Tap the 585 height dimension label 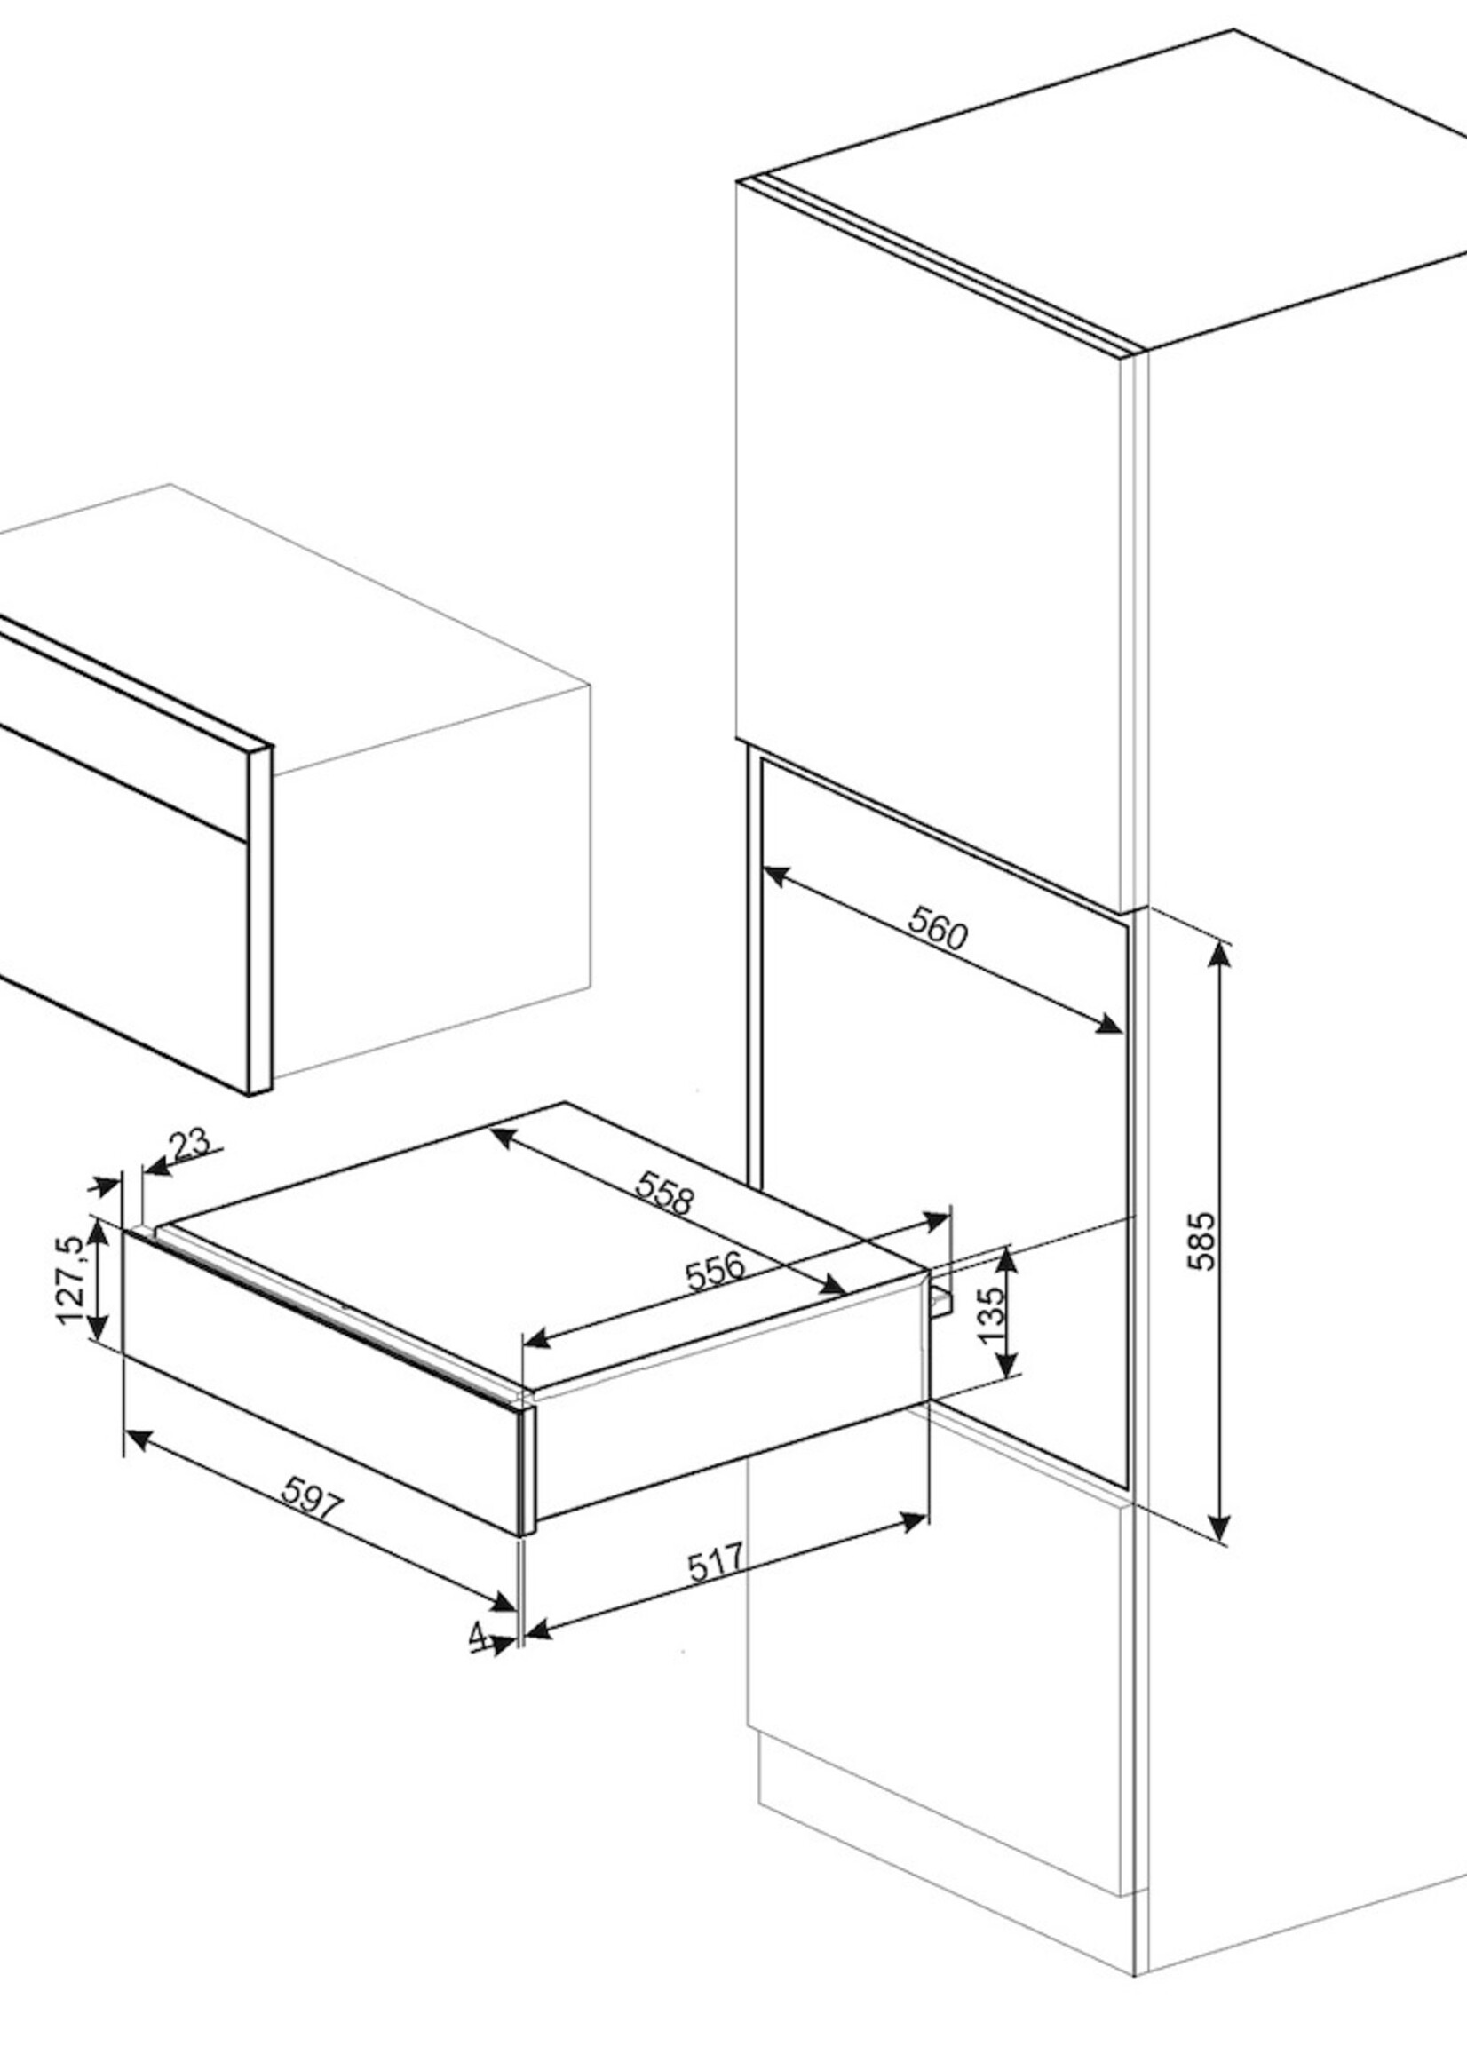1202,1241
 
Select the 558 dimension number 664,1194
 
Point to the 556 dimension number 716,1271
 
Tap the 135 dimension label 991,1312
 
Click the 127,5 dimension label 73,1282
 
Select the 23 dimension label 190,1143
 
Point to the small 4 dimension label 478,1634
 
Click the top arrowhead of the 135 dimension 1009,1260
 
